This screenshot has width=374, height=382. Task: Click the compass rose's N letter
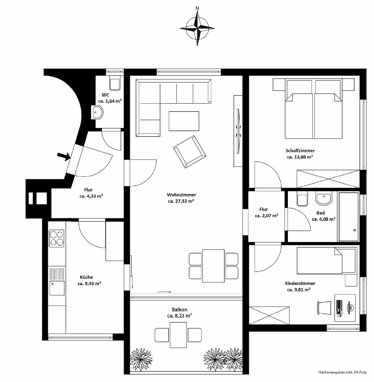[197, 8]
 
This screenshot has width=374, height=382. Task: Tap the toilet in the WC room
[115, 83]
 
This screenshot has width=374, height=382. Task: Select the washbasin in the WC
[97, 112]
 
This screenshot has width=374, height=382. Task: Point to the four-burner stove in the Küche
[57, 238]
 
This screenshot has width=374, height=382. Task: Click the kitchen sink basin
[57, 288]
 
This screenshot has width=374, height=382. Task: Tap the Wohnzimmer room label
[181, 195]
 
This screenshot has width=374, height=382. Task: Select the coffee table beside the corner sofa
[184, 121]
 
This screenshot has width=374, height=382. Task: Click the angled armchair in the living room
[190, 152]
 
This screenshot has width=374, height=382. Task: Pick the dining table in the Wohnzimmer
[213, 266]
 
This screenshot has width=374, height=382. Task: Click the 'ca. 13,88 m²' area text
[300, 157]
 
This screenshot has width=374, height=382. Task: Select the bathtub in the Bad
[349, 216]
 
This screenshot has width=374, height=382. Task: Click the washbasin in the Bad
[324, 198]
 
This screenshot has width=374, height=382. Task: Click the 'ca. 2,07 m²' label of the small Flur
[266, 216]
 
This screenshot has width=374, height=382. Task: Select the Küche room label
[86, 277]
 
